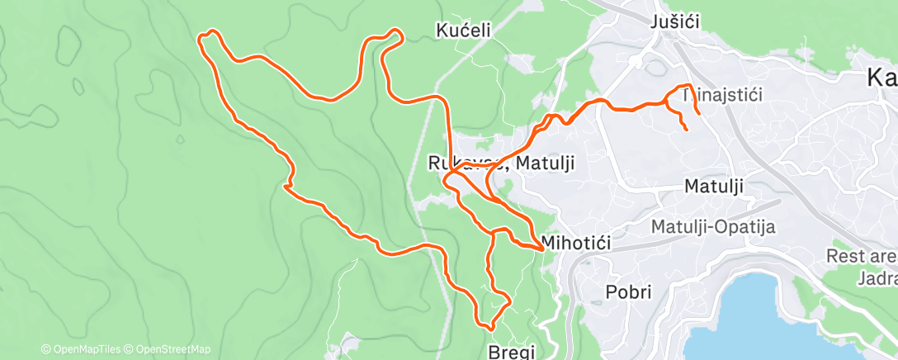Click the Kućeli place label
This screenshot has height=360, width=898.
(x=463, y=31)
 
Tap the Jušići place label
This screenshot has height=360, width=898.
(x=674, y=22)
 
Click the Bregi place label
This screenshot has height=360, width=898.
(x=512, y=349)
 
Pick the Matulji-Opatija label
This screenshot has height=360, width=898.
(x=713, y=227)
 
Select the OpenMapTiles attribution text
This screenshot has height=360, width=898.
(x=84, y=349)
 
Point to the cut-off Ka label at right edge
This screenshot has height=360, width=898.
(x=881, y=78)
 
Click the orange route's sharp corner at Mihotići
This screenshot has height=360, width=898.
(x=541, y=247)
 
